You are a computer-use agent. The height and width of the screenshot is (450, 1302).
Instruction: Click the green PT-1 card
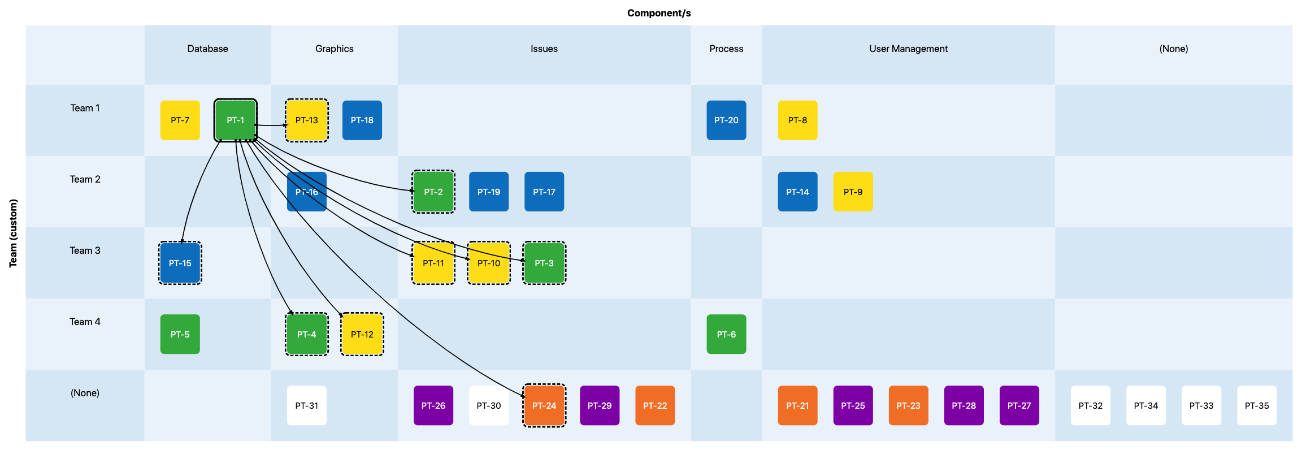(236, 120)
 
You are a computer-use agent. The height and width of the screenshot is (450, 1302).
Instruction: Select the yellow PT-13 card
(307, 120)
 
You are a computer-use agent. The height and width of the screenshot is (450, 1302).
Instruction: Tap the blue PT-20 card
(726, 120)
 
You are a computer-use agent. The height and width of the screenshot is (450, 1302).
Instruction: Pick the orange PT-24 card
(544, 405)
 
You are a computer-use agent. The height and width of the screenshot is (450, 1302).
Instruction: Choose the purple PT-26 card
(433, 405)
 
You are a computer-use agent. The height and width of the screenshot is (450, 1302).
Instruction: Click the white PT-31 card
(307, 405)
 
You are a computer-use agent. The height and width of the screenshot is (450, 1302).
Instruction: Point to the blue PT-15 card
(180, 263)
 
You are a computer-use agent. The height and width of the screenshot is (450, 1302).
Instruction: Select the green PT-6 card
(726, 334)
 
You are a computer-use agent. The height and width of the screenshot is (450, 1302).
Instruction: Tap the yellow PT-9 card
(853, 192)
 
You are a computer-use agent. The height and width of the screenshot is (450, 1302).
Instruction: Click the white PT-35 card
(1257, 405)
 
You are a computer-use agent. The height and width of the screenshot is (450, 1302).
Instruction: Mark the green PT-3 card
(544, 263)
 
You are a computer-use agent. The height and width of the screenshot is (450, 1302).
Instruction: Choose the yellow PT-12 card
(362, 334)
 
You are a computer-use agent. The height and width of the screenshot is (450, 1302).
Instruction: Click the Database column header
(208, 49)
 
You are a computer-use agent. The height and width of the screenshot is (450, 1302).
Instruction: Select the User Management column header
(908, 49)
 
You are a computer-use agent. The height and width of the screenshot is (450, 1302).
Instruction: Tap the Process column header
(726, 49)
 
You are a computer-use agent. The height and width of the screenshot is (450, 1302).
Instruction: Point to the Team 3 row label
(85, 250)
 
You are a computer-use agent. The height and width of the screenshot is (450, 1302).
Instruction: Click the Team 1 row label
(85, 108)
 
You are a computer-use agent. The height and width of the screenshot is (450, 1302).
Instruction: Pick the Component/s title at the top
(659, 13)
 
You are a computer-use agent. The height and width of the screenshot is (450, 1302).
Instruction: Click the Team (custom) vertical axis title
(13, 233)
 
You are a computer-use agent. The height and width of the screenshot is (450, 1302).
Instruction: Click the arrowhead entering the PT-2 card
(412, 191)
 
